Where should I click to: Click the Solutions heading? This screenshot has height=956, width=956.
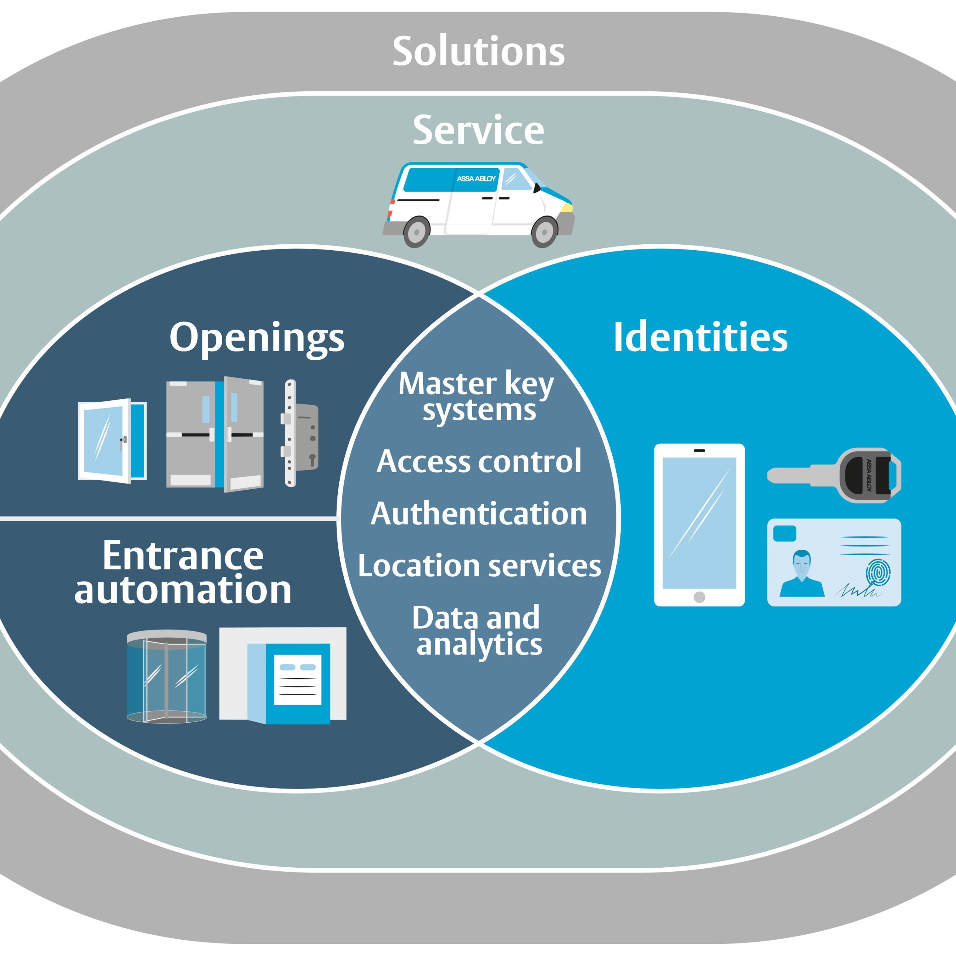(478, 52)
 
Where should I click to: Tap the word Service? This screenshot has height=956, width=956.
(478, 130)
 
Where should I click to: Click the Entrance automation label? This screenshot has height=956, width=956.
(183, 573)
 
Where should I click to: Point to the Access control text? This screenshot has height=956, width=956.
(479, 462)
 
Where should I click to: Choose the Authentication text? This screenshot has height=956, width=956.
(479, 514)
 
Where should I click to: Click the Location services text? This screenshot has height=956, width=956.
(479, 566)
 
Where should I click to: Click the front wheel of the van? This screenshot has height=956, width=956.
(544, 231)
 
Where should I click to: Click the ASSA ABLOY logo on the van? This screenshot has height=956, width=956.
(476, 179)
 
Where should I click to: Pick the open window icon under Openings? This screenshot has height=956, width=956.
(112, 440)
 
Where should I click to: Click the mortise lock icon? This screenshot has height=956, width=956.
(300, 433)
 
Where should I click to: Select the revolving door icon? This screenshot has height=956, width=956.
(167, 676)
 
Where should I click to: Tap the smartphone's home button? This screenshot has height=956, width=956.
(699, 597)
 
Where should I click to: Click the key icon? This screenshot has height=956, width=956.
(834, 475)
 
